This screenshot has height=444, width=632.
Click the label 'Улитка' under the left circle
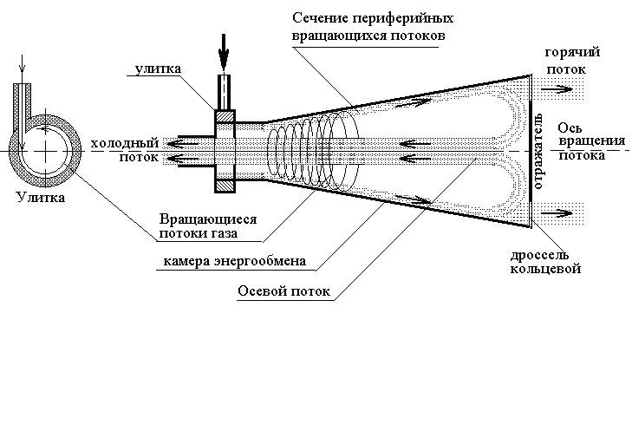[39, 197]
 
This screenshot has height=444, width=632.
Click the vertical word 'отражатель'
[539, 148]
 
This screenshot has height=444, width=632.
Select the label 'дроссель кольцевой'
[545, 263]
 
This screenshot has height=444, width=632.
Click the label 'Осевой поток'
[283, 291]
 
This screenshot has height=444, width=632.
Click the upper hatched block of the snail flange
[225, 117]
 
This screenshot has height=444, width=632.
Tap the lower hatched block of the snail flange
[225, 185]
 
